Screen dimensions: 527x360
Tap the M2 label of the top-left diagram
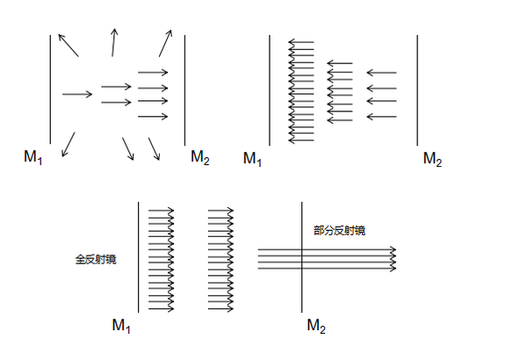point(200,157)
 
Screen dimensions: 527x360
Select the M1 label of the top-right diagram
point(253,159)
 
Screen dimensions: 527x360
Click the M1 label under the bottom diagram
point(121,326)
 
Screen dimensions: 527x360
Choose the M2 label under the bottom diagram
point(316,327)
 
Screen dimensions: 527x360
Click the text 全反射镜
point(96,260)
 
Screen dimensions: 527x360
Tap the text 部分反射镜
point(339,230)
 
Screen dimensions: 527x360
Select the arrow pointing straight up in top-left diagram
point(113,42)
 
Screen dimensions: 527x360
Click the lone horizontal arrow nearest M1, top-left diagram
point(77,94)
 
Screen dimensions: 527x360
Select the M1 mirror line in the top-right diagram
point(269,88)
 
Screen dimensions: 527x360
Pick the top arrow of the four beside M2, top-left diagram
point(153,72)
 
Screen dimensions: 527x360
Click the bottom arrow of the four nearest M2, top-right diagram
point(381,117)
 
